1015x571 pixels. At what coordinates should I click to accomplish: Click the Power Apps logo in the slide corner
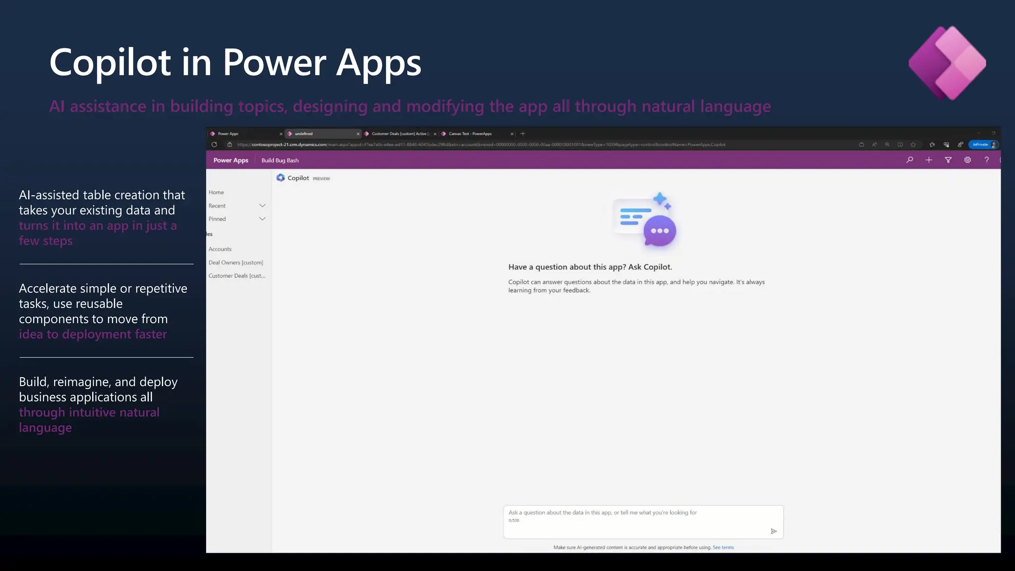[947, 63]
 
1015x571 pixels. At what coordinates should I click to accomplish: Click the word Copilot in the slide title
[110, 63]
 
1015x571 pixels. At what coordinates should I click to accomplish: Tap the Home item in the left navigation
[216, 192]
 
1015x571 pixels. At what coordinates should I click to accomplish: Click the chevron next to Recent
[262, 206]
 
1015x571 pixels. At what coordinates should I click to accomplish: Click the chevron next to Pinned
[262, 219]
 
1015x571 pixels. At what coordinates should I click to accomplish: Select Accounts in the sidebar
[220, 249]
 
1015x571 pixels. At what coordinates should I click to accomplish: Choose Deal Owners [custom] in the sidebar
[236, 262]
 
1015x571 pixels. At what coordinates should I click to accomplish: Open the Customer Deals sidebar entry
[237, 276]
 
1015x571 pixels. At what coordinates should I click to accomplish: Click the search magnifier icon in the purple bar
[909, 160]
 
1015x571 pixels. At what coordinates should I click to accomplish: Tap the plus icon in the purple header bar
[929, 160]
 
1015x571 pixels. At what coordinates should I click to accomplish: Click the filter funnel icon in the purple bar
[948, 160]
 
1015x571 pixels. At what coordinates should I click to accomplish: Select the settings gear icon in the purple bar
[967, 160]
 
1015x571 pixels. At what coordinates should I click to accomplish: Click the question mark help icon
[987, 160]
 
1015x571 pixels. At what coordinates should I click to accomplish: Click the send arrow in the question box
[774, 531]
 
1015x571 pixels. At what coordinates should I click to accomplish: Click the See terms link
[723, 547]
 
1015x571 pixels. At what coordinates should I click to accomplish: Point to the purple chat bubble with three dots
[660, 231]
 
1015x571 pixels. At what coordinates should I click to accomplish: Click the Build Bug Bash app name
[280, 161]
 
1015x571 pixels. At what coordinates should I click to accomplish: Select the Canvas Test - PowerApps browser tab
[470, 134]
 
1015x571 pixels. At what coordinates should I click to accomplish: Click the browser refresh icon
[214, 145]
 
